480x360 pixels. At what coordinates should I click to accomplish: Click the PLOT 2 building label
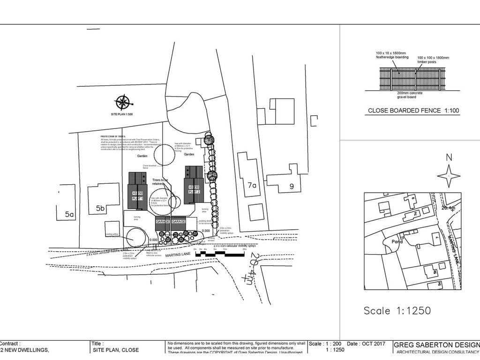tap(194, 192)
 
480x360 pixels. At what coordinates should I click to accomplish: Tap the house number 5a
tap(69, 214)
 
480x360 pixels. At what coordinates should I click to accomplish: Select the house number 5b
tap(100, 208)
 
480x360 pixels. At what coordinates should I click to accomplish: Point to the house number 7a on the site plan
tap(252, 186)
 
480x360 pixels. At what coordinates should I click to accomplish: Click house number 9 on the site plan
tap(291, 186)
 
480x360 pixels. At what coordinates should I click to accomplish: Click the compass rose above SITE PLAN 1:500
tap(122, 101)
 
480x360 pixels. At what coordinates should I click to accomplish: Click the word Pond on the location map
tap(397, 241)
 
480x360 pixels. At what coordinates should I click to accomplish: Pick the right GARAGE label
tap(179, 221)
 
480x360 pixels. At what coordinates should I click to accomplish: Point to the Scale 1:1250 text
tap(397, 310)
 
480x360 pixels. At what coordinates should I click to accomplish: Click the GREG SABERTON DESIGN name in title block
tap(436, 344)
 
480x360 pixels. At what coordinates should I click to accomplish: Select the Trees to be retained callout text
tap(161, 182)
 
